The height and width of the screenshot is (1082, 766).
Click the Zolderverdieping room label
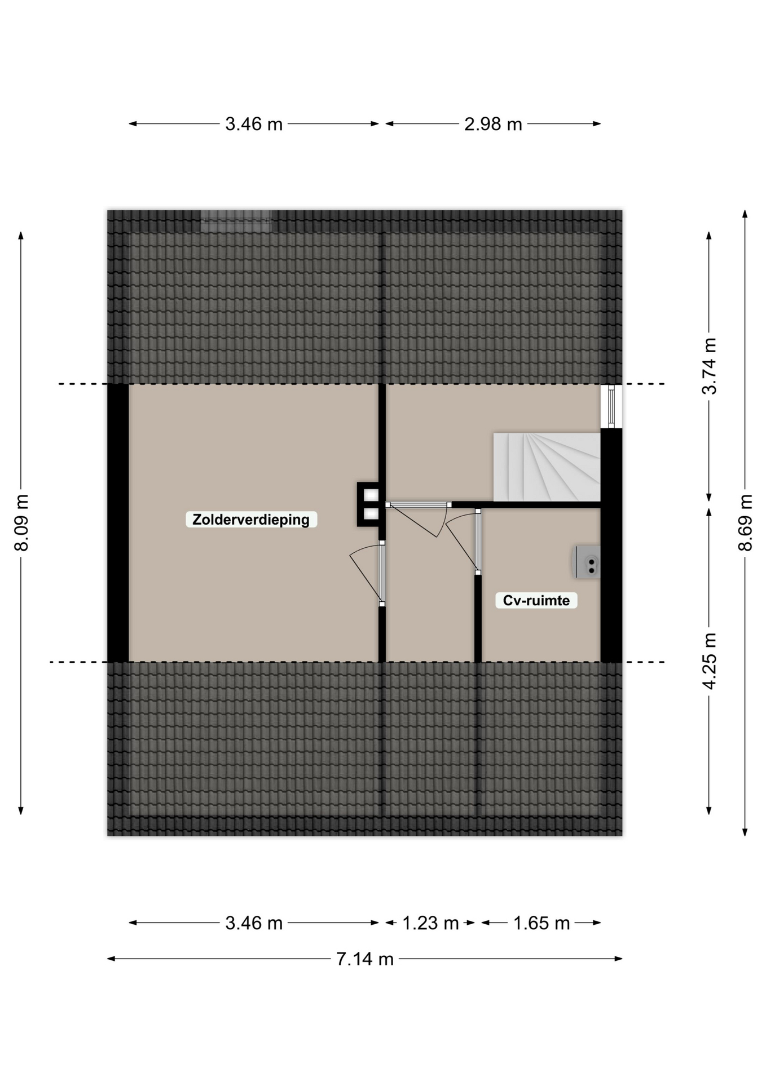coord(251,519)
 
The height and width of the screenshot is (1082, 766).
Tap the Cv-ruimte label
coord(536,600)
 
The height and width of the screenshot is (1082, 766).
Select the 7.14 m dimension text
coord(365,959)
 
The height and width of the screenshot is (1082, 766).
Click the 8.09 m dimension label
coord(21,522)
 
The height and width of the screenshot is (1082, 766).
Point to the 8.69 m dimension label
coord(746,522)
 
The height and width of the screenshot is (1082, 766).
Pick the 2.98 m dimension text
coord(493,124)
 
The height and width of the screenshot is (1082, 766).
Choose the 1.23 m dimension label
coord(430,923)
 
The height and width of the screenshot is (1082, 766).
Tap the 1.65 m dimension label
coord(542,923)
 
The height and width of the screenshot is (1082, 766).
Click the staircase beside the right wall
coord(547,467)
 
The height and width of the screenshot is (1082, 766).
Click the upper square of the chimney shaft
coord(371,495)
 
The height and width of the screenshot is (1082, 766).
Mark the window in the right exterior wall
coord(611,406)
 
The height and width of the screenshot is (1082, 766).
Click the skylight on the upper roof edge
coord(236,221)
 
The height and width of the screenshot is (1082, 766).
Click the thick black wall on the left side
coord(118,523)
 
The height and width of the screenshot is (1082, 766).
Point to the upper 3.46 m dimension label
coord(254,124)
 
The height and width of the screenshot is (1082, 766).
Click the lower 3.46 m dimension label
coord(254,923)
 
